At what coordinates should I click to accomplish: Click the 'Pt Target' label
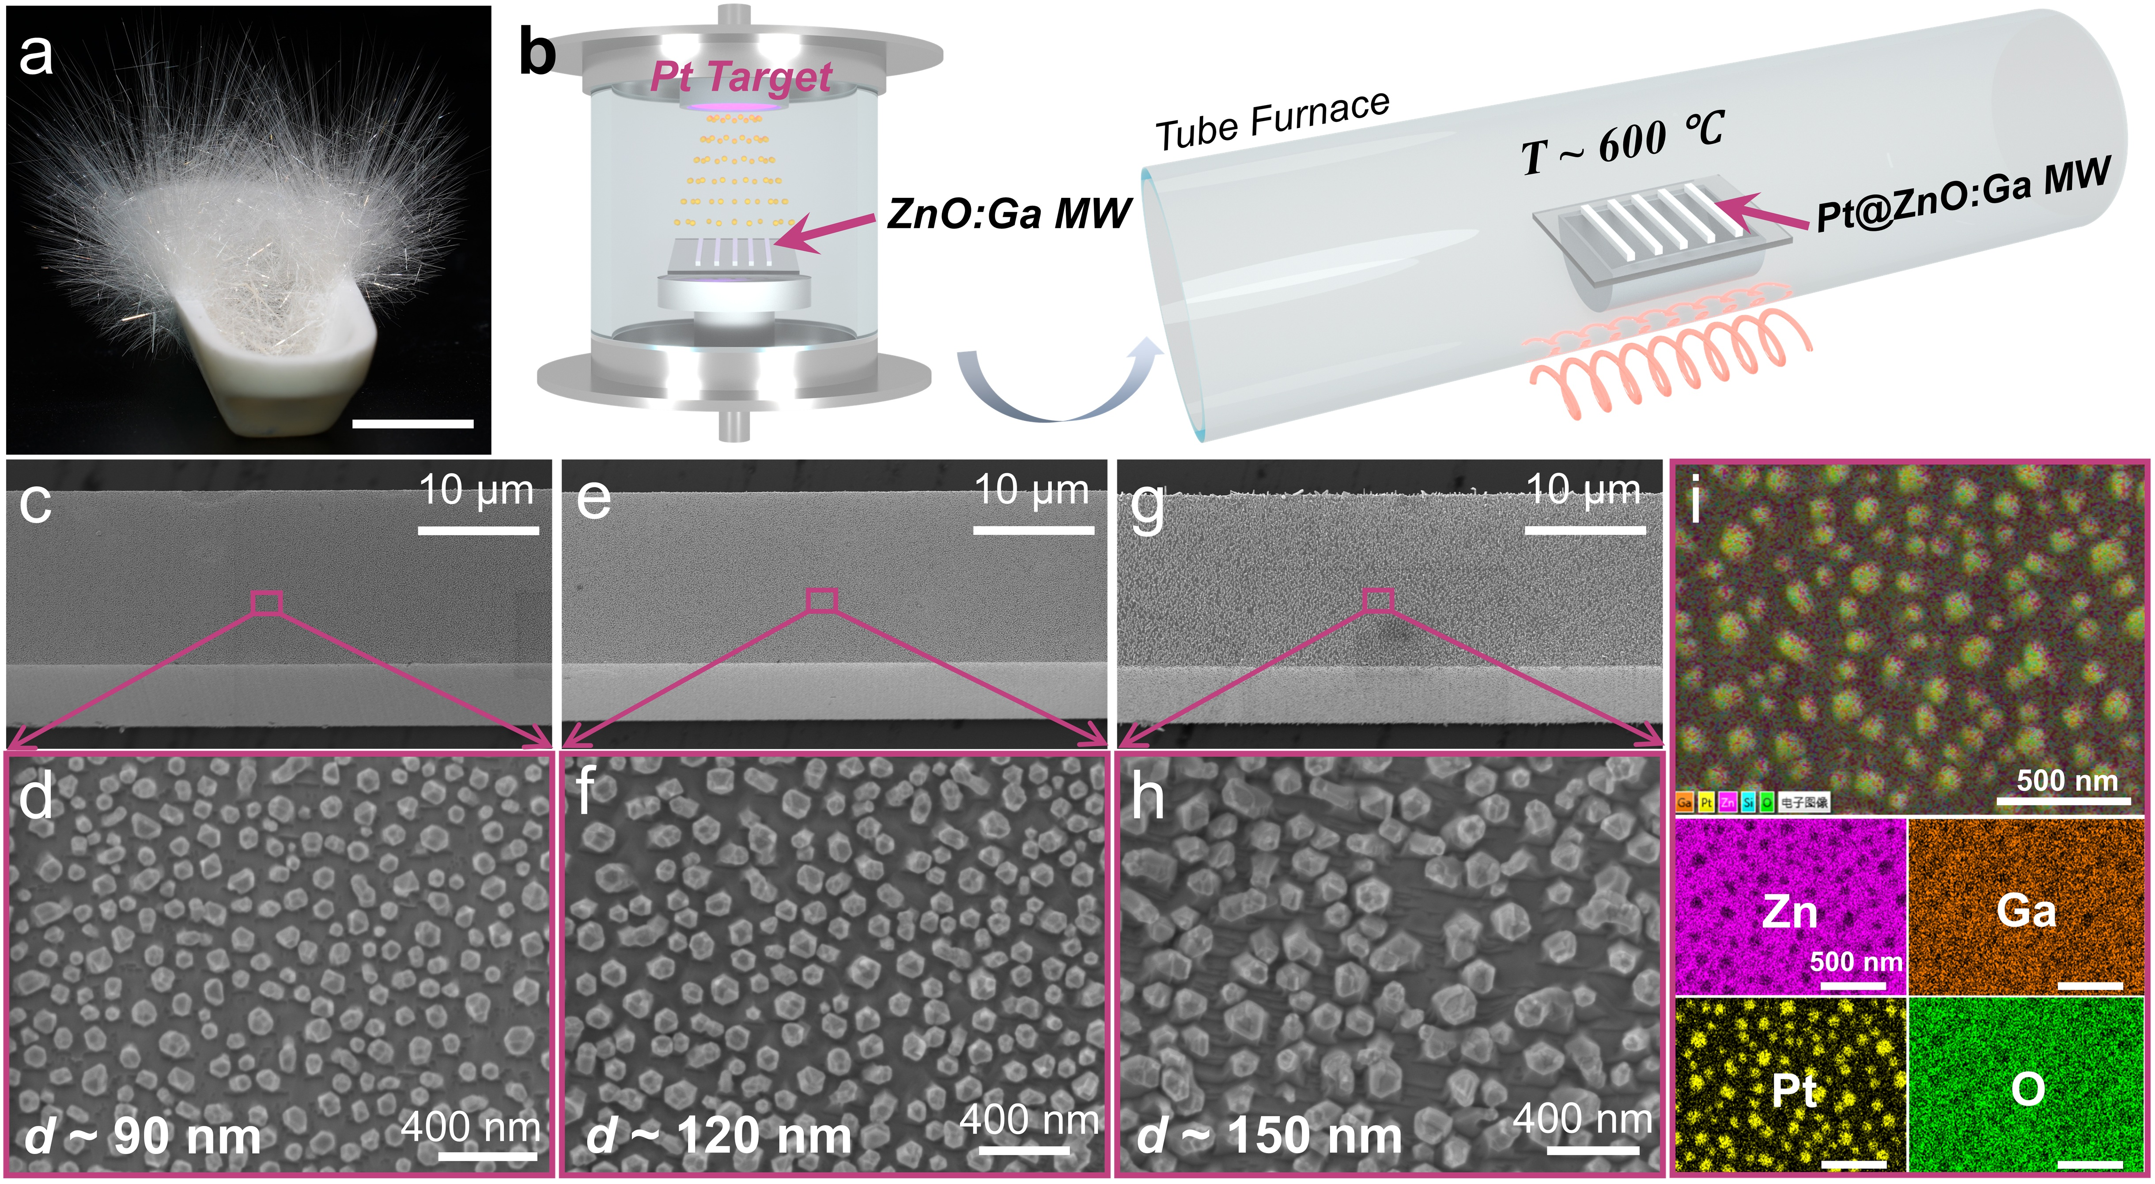[741, 77]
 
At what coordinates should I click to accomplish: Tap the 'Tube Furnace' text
[1272, 121]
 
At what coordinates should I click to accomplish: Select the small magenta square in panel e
[821, 600]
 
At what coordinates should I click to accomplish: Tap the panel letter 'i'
[1696, 502]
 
